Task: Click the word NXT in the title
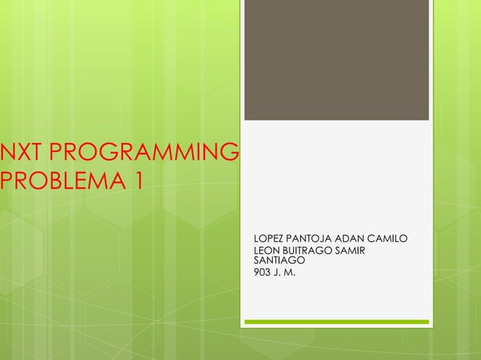[22, 154]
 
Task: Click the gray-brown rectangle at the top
[336, 60]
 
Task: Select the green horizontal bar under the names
[336, 322]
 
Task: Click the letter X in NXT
[23, 154]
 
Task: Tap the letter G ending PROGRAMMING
[230, 154]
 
